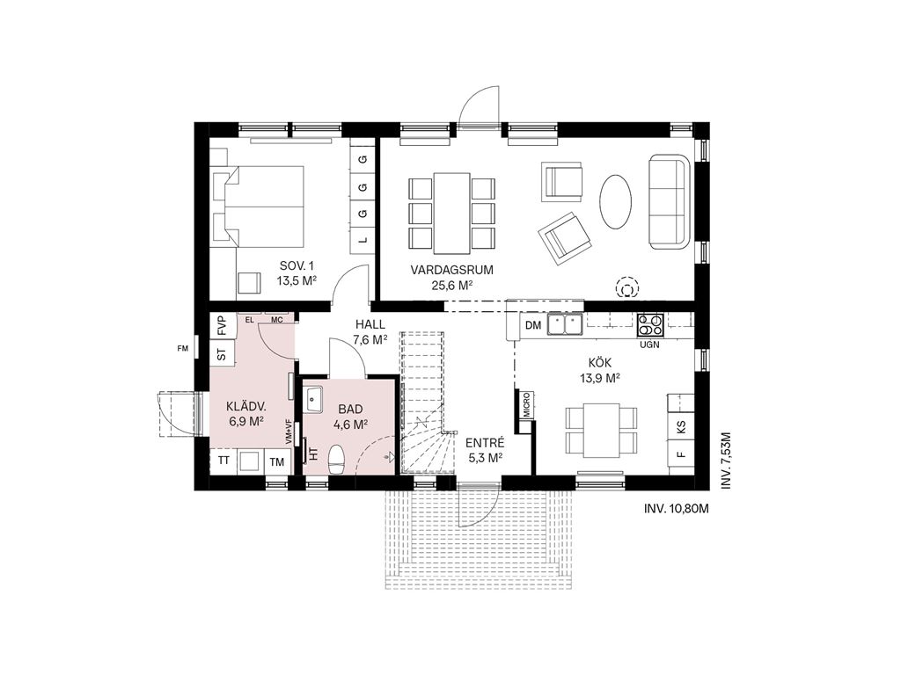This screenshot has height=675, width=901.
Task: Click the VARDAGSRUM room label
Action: pyautogui.click(x=451, y=270)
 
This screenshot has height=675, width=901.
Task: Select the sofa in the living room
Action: pyautogui.click(x=669, y=201)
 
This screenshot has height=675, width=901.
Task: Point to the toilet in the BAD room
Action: pyautogui.click(x=336, y=461)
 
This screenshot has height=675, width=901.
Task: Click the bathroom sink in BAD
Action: pyautogui.click(x=314, y=399)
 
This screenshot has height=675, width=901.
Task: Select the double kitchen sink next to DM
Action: pyautogui.click(x=565, y=324)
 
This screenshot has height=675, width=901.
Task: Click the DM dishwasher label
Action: pyautogui.click(x=533, y=326)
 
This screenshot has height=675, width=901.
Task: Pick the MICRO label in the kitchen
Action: pyautogui.click(x=526, y=404)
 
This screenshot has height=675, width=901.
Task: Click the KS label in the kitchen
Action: pyautogui.click(x=682, y=426)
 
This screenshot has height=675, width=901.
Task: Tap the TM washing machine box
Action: pyautogui.click(x=277, y=461)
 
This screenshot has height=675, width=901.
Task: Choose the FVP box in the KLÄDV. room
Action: pyautogui.click(x=222, y=326)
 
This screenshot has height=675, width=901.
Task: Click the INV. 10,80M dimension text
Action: pyautogui.click(x=677, y=509)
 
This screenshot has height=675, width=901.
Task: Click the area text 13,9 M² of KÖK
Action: pyautogui.click(x=600, y=378)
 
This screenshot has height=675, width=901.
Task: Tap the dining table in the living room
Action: pyautogui.click(x=451, y=213)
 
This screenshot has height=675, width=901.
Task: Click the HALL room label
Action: pyautogui.click(x=370, y=325)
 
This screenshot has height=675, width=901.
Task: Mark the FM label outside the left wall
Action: pyautogui.click(x=183, y=348)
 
